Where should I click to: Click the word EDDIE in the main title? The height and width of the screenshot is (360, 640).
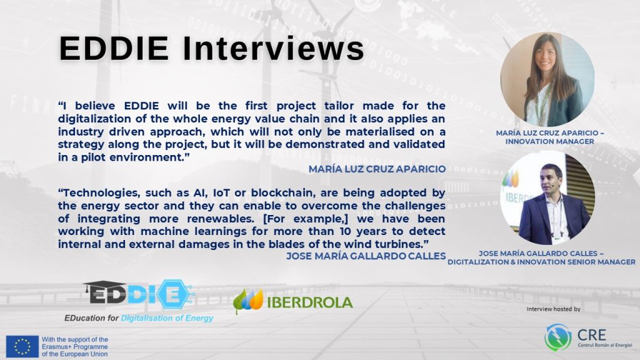click(x=114, y=49)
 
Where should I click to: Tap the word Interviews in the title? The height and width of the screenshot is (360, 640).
click(x=274, y=49)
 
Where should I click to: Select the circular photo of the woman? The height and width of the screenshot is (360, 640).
click(x=547, y=79)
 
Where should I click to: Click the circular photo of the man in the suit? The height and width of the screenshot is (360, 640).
click(x=547, y=198)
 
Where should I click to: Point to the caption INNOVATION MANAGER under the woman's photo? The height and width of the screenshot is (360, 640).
click(x=550, y=142)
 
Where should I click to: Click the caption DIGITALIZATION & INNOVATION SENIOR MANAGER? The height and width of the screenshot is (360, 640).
click(x=541, y=262)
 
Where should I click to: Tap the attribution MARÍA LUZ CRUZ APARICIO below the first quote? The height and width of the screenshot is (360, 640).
click(x=377, y=169)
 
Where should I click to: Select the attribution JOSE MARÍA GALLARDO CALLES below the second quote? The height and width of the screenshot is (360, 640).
click(x=366, y=256)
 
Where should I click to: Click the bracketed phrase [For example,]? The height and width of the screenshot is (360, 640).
click(x=306, y=219)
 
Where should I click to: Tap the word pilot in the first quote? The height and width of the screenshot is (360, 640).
click(x=94, y=157)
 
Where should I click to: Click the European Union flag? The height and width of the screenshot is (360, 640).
click(x=22, y=346)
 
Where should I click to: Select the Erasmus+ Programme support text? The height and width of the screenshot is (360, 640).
click(x=75, y=346)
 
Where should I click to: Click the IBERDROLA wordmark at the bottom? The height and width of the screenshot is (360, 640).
click(x=310, y=302)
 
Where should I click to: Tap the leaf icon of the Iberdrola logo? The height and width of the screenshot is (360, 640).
click(x=248, y=301)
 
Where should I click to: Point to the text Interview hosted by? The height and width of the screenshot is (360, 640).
click(x=554, y=309)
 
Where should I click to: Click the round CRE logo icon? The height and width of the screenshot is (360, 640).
click(x=558, y=337)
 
